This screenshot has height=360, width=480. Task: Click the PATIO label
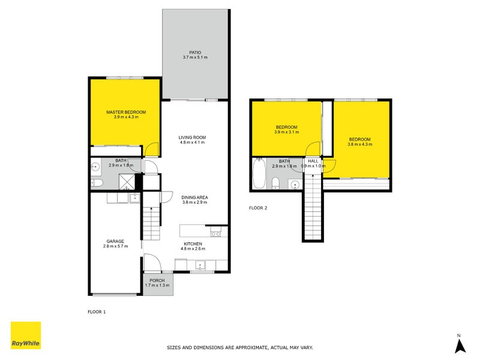[x=195, y=53]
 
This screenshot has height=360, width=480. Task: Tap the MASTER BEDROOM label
[x=125, y=112]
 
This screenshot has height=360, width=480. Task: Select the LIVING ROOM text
[x=192, y=137]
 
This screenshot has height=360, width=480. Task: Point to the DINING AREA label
[x=194, y=197]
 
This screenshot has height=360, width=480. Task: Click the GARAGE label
[x=115, y=241]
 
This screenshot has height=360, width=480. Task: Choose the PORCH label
[x=157, y=280]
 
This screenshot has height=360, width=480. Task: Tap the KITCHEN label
[x=193, y=244]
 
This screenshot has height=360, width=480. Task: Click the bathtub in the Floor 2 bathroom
[x=260, y=173]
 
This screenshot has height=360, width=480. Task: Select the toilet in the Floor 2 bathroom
[x=275, y=183]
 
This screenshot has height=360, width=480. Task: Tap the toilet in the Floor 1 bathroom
[x=98, y=183]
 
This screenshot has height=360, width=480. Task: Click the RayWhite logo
[x=26, y=335]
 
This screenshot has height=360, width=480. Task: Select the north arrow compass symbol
[x=459, y=344]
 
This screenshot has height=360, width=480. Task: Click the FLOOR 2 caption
[x=258, y=208]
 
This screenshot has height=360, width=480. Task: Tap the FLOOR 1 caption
[x=97, y=312]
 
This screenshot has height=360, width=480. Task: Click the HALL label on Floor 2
[x=313, y=161]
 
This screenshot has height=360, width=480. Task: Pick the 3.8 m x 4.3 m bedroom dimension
[x=361, y=145]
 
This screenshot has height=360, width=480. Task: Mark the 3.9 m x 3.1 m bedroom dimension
[x=286, y=132]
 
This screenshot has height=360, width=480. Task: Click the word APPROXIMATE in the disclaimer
[x=248, y=347]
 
